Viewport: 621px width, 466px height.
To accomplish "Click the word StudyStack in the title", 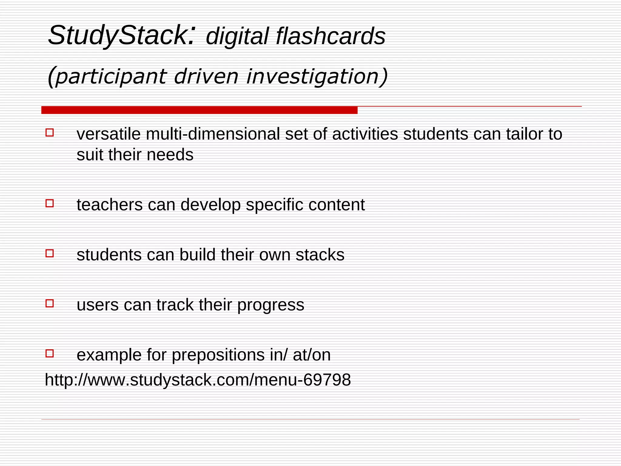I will pyautogui.click(x=117, y=36).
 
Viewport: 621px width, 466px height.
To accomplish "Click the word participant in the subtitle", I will pyautogui.click(x=111, y=76).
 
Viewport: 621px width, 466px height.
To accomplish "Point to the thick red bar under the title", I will pyautogui.click(x=199, y=110).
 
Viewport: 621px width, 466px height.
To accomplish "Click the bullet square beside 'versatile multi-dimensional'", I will pyautogui.click(x=50, y=133).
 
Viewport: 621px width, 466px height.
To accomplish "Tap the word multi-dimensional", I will pyautogui.click(x=213, y=134).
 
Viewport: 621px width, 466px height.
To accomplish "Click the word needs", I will pyautogui.click(x=170, y=155).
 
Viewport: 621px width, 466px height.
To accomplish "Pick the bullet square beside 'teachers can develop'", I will pyautogui.click(x=50, y=203).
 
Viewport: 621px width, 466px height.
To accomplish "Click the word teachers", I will pyautogui.click(x=109, y=205).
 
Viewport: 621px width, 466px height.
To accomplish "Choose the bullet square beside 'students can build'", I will pyautogui.click(x=50, y=253).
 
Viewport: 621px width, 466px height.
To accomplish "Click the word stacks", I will pyautogui.click(x=320, y=255).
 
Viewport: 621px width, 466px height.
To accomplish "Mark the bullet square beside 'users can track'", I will pyautogui.click(x=50, y=303).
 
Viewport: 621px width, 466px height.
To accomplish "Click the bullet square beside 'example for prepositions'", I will pyautogui.click(x=50, y=353).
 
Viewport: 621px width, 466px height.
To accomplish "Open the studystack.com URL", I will pyautogui.click(x=198, y=380).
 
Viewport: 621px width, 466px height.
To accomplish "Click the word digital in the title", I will pyautogui.click(x=237, y=36).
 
